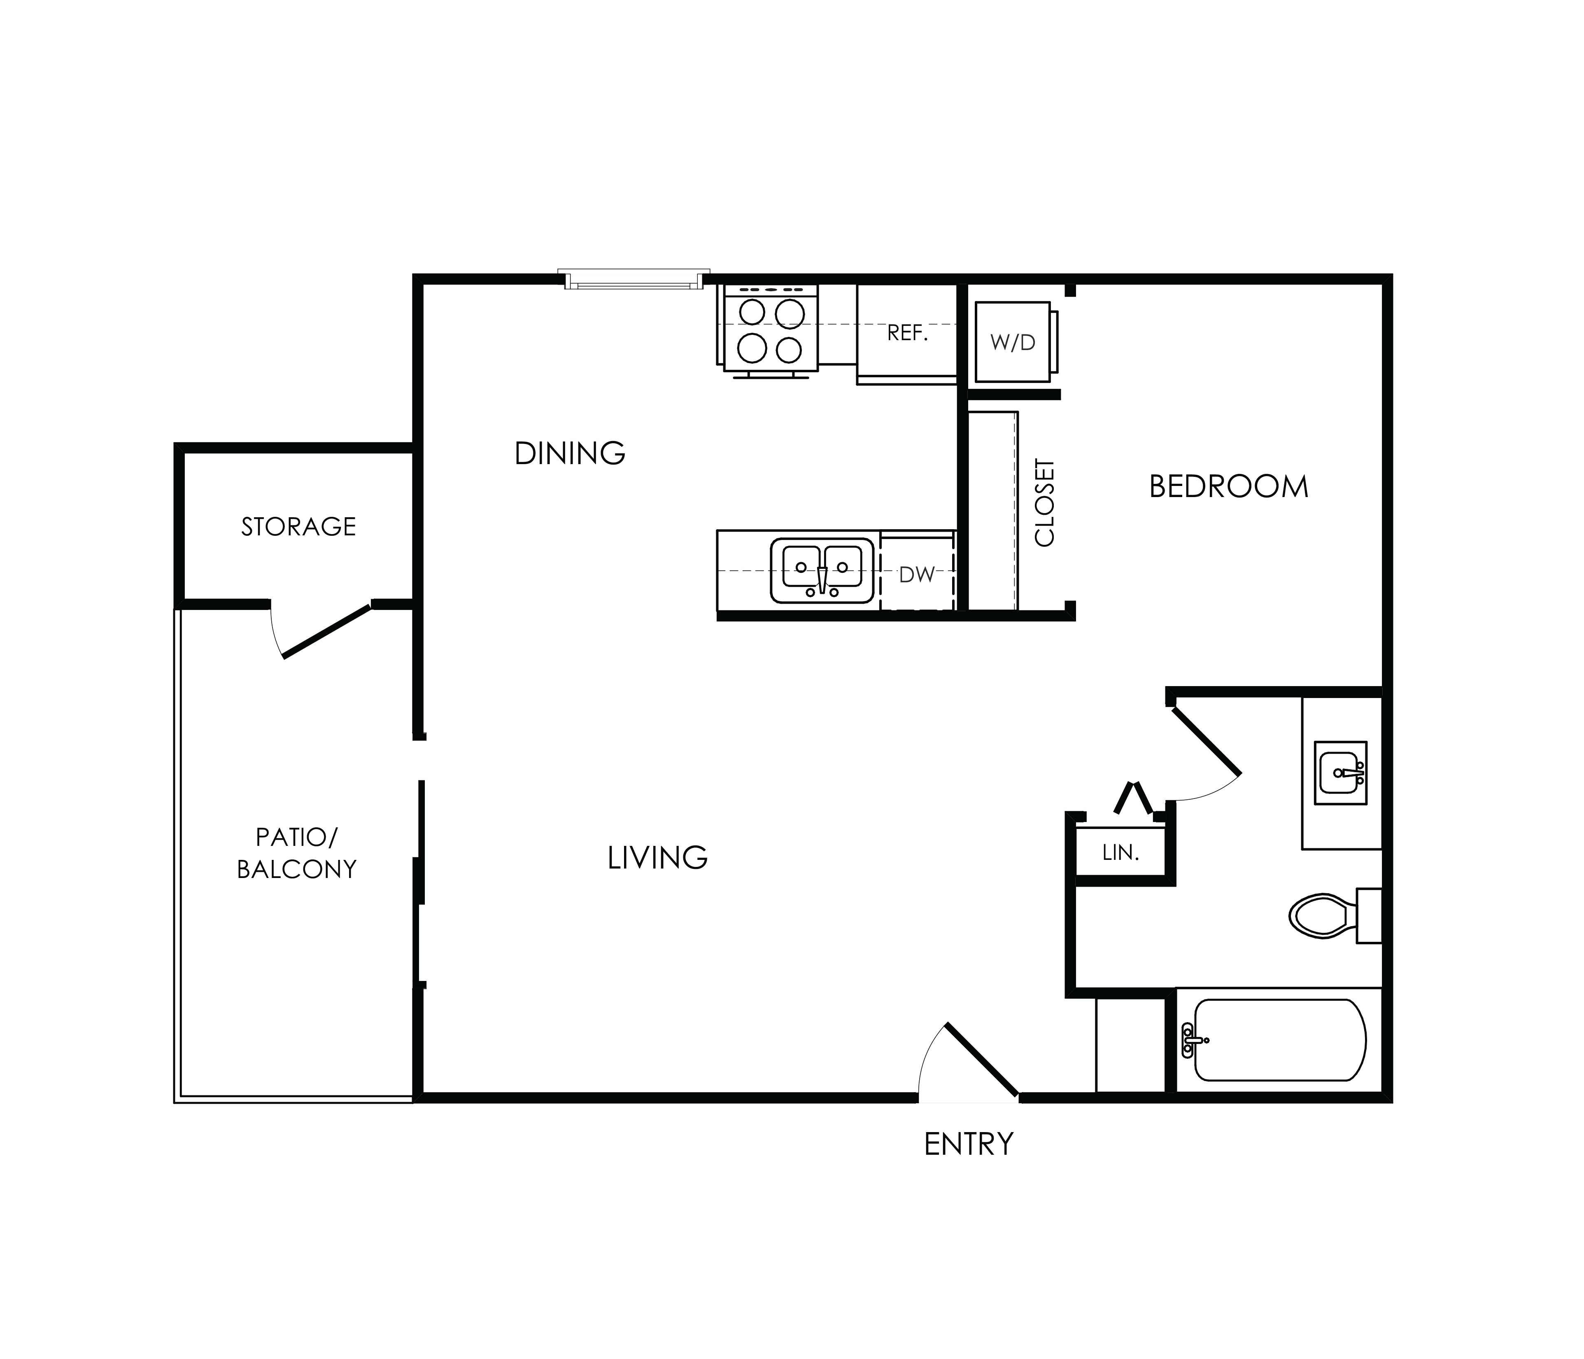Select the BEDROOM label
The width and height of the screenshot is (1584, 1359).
click(x=1228, y=486)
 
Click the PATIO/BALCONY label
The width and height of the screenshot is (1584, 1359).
click(x=297, y=853)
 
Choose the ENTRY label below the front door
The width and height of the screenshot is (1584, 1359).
click(x=969, y=1144)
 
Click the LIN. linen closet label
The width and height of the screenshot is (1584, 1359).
click(x=1121, y=853)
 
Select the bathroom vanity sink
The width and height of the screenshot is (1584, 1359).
click(x=1341, y=773)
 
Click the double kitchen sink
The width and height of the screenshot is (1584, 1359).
click(x=822, y=570)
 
